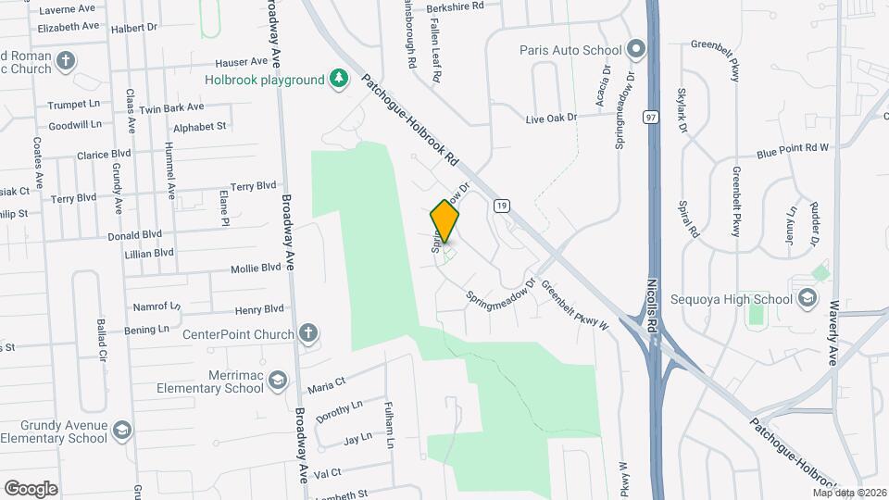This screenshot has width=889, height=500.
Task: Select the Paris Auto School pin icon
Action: pos(635,48)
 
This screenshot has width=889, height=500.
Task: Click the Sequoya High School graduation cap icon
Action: pos(808,298)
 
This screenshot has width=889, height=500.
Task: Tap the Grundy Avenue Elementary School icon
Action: pos(122,431)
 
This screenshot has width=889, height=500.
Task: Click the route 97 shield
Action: pos(652,118)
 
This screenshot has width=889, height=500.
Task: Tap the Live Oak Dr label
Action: pos(551,118)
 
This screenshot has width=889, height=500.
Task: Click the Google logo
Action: pos(31,488)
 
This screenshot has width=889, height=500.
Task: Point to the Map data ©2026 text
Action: pos(848,493)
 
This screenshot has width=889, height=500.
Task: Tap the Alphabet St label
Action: pos(199,127)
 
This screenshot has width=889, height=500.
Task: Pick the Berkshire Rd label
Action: pos(456,6)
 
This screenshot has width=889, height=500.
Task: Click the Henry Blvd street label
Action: pos(259,309)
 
